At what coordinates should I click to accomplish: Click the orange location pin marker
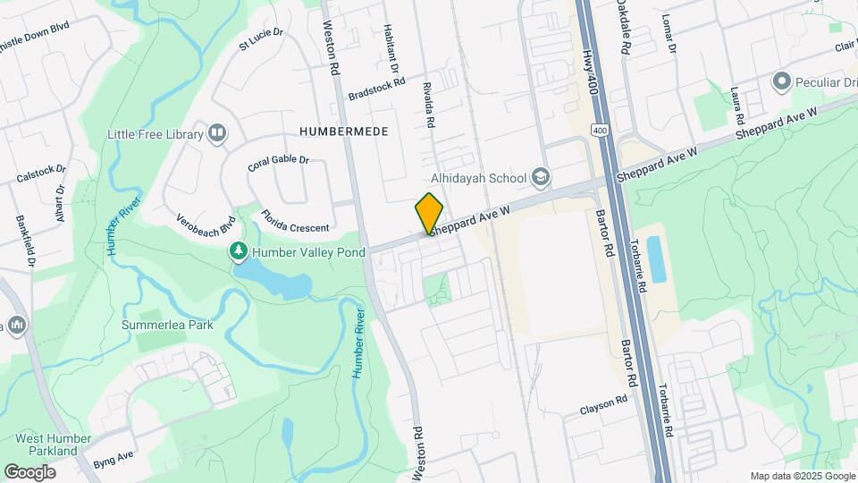click(x=429, y=213)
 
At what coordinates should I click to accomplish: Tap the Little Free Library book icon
click(x=216, y=134)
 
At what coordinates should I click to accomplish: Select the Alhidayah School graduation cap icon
click(x=540, y=177)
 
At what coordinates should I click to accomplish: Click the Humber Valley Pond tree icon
click(x=239, y=252)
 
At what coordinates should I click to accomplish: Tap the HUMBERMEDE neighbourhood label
click(x=344, y=131)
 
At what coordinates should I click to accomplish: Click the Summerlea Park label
click(x=167, y=325)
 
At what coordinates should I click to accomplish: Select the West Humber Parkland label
click(x=54, y=445)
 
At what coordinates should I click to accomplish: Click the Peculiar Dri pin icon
click(x=782, y=82)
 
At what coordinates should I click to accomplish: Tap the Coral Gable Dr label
click(x=278, y=164)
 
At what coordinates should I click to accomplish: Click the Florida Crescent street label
click(x=295, y=220)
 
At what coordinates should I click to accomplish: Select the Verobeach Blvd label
click(x=205, y=230)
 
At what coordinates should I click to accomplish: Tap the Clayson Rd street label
click(x=604, y=405)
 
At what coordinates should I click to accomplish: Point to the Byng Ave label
click(x=113, y=460)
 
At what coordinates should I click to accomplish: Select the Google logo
click(x=29, y=471)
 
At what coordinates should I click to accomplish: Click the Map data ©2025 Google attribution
click(x=801, y=476)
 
